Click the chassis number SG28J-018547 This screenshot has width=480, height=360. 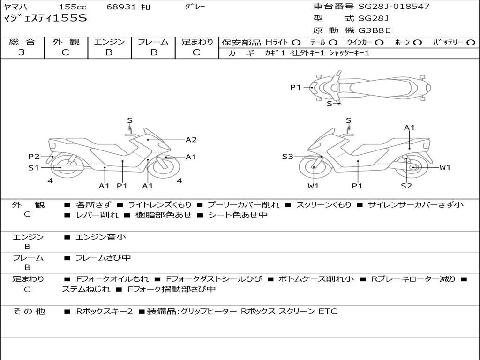394,6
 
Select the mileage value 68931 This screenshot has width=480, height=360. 120,7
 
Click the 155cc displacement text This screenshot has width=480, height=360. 73,7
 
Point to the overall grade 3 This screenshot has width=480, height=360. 22,52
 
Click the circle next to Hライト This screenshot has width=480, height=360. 296,43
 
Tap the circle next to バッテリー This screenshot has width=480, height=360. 471,43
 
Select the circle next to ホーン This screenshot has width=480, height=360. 418,43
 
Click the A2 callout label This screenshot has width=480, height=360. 191,140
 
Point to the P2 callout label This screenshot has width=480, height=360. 34,157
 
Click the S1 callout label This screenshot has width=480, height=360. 34,168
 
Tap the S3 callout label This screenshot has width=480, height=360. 287,157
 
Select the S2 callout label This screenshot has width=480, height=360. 406,186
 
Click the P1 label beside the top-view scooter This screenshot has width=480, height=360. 295,88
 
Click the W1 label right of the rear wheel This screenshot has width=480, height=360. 445,167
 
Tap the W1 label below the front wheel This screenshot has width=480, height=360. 313,186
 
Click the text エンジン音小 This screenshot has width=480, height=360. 101,237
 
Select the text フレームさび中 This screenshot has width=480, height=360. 103,258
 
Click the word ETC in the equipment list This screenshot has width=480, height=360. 328,311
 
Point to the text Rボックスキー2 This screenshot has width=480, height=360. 104,311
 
